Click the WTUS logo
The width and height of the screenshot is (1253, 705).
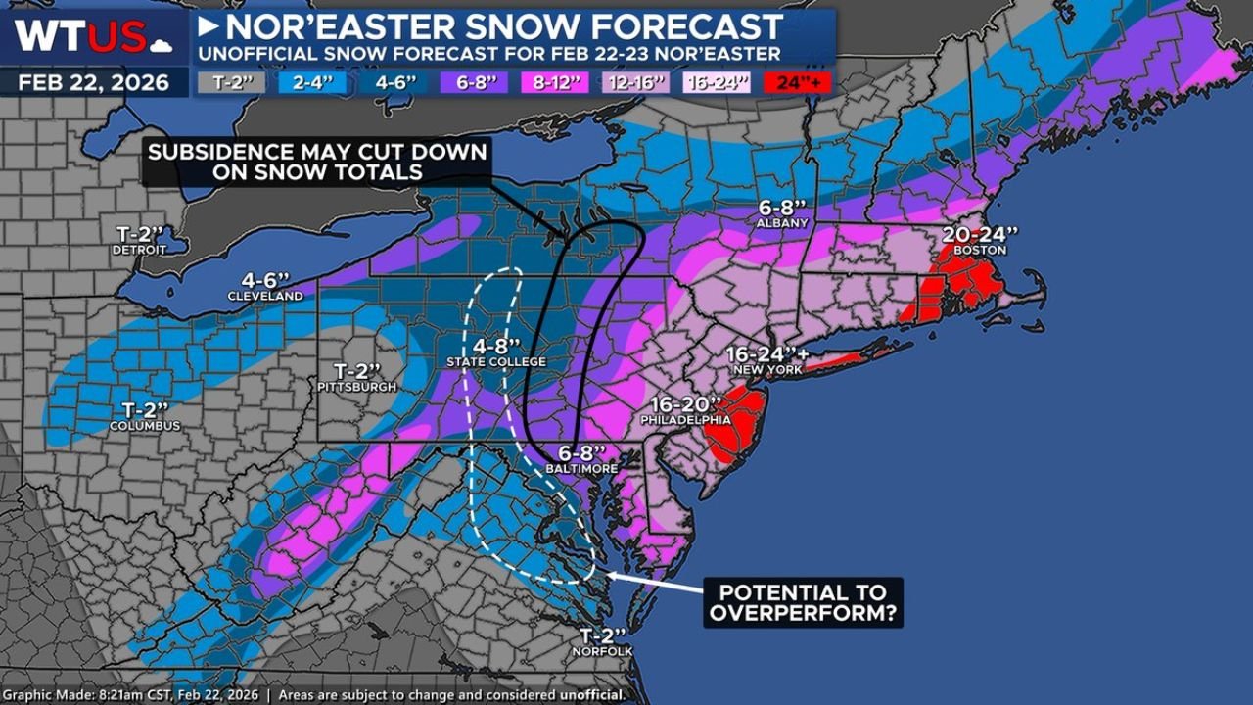(94, 35)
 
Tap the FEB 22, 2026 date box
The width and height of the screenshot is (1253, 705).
(94, 81)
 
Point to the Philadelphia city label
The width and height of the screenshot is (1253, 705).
(685, 420)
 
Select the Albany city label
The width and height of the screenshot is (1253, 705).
(782, 223)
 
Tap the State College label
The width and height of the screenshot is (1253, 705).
(496, 362)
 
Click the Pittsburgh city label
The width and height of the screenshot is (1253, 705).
(356, 388)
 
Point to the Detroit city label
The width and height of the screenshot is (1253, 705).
(139, 251)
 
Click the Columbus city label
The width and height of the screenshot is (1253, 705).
(144, 426)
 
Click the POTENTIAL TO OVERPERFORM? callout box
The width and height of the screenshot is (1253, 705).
(803, 603)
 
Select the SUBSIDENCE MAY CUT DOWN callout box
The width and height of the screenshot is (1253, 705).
(315, 162)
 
